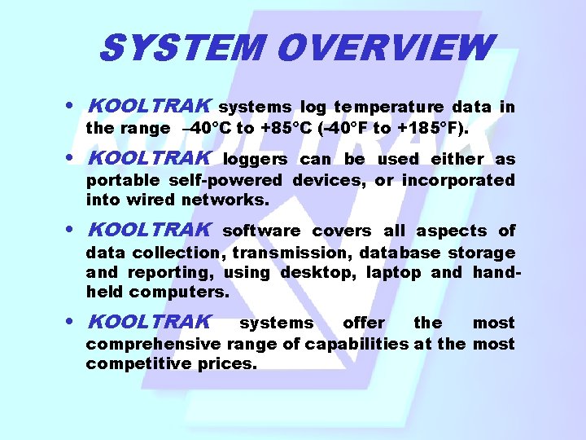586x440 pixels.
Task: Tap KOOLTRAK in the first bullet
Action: coord(149,106)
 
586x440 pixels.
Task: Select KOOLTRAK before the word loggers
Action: coord(149,158)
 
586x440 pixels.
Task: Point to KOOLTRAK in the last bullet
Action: coord(149,322)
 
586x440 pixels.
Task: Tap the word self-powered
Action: coord(225,180)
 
